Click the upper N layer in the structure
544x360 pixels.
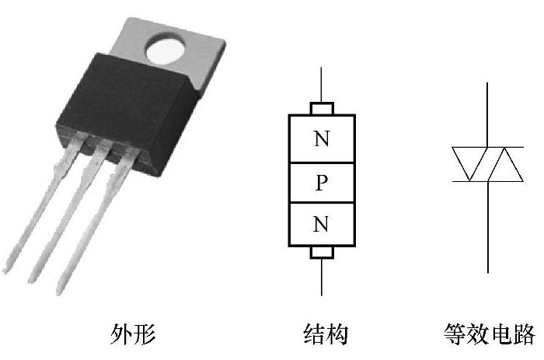coord(321,139)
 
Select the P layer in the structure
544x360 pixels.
coord(321,183)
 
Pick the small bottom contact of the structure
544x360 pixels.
coord(321,253)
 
